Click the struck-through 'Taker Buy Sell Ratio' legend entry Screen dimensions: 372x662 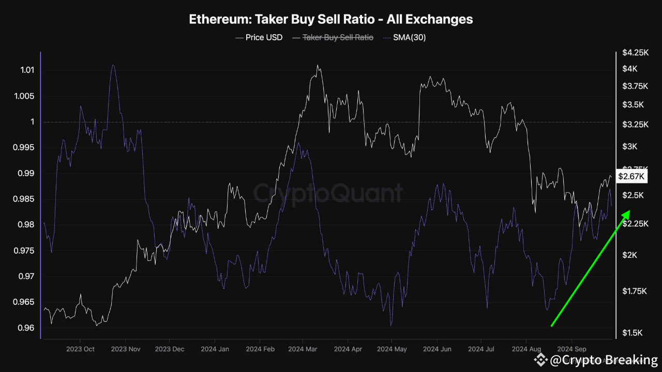[x=337, y=37]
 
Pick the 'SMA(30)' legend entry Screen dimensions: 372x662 [x=409, y=37]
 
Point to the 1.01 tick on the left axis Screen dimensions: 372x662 [x=27, y=70]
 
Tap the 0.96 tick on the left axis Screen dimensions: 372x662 [x=27, y=328]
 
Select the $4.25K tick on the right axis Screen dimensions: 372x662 [x=635, y=53]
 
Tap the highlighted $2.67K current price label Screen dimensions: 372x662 [x=631, y=177]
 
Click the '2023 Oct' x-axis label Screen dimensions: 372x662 [x=80, y=349]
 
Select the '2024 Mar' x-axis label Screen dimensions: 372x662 [x=303, y=349]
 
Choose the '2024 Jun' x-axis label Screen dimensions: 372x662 [x=437, y=349]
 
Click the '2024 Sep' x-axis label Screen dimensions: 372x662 [x=571, y=349]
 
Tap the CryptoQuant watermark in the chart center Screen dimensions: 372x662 [x=328, y=193]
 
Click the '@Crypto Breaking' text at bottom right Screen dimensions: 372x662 [x=603, y=360]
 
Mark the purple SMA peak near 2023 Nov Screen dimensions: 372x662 [x=113, y=65]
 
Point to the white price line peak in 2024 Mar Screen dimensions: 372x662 [x=317, y=66]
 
